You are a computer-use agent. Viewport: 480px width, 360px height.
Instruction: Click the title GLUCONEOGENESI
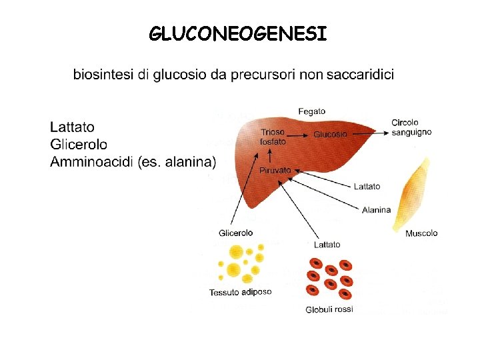[239, 33]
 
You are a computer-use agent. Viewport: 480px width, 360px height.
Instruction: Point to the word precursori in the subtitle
[262, 75]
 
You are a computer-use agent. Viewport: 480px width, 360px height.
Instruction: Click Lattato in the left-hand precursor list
[73, 127]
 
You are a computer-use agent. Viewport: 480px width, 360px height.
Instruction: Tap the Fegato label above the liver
[312, 111]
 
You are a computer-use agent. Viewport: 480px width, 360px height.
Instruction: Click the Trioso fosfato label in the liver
[273, 137]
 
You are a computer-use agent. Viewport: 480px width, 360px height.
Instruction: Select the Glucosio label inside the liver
[330, 134]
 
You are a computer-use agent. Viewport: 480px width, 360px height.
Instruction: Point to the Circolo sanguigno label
[410, 127]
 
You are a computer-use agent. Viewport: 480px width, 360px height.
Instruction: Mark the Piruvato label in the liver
[275, 171]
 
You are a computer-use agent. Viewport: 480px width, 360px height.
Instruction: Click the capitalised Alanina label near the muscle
[376, 210]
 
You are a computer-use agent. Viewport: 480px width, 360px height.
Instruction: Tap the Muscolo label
[421, 233]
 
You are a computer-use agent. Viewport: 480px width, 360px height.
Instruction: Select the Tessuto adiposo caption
[240, 292]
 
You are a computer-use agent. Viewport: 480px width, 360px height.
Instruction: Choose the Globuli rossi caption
[329, 309]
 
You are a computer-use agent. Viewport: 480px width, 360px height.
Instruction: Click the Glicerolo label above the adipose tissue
[235, 233]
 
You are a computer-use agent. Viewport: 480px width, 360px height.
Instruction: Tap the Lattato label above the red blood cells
[326, 245]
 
